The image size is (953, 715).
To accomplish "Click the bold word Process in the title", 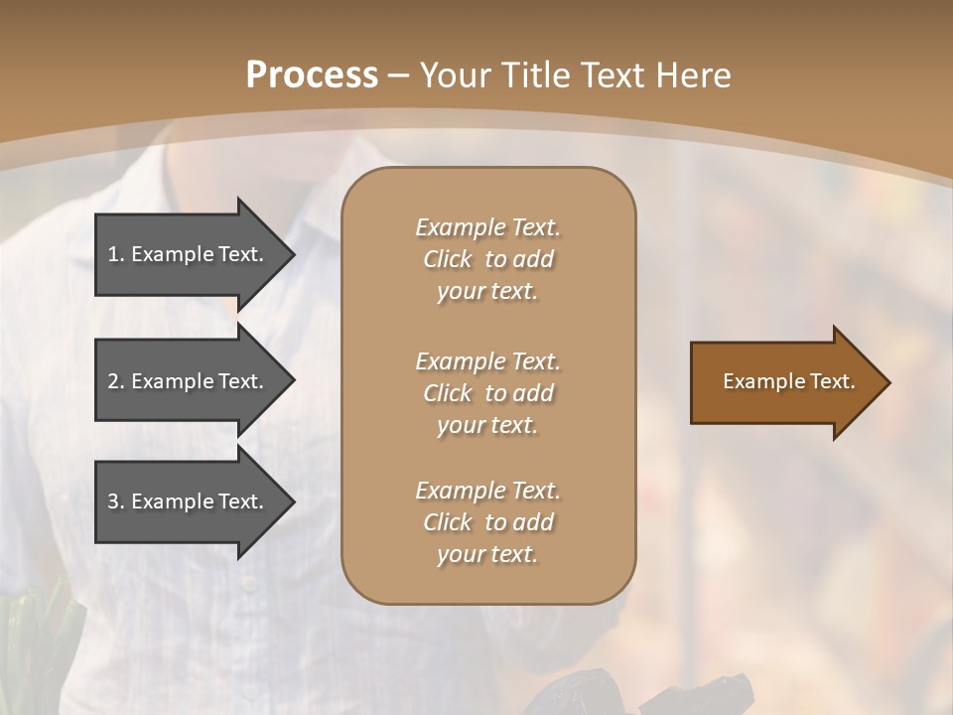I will tap(312, 75).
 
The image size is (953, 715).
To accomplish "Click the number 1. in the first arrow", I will tap(116, 254).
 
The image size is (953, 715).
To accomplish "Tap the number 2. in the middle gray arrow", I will tap(116, 381).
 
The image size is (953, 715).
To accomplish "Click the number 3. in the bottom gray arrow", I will tap(116, 501).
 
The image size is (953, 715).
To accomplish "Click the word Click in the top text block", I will tap(447, 260).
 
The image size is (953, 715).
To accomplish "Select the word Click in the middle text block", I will tap(447, 393).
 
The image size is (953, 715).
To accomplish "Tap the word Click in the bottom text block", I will tap(447, 522).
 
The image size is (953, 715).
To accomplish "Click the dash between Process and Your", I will tap(399, 75).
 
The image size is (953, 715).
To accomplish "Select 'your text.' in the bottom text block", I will tap(487, 555).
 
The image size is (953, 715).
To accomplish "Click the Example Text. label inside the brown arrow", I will tap(789, 381).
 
